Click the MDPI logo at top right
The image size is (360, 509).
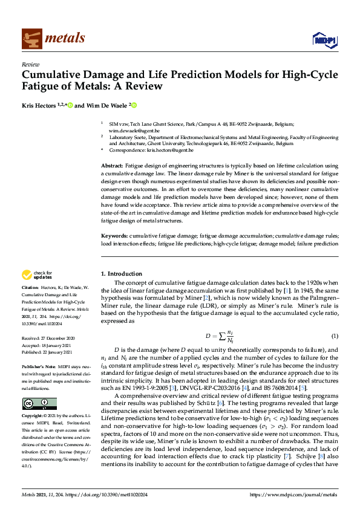[x=325, y=40]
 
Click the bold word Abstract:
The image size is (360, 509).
[x=112, y=165]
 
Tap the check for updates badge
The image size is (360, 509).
[x=41, y=275]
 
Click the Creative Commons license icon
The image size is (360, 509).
[x=39, y=403]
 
